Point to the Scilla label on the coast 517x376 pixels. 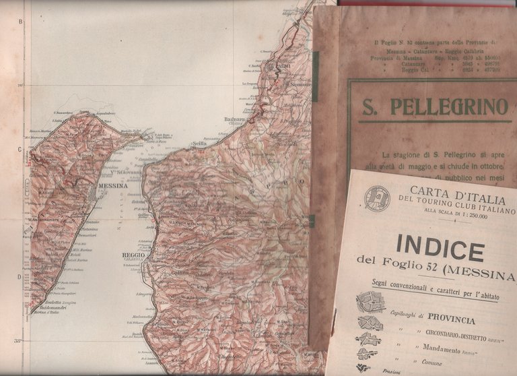coord(199,144)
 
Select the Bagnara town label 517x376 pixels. coord(234,119)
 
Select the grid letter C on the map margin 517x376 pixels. coord(20,150)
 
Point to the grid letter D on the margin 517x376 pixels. coord(20,277)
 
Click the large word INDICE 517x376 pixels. coord(440,248)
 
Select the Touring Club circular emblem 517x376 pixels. coord(377,197)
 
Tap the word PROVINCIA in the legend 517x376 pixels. coord(450,320)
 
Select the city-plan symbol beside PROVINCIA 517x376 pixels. coord(370,301)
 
